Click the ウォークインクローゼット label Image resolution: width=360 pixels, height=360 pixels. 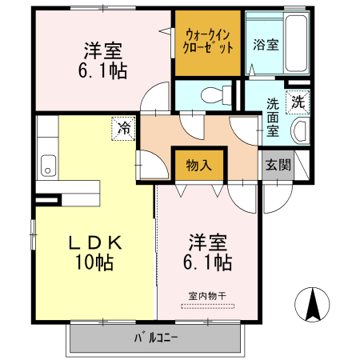click(208, 41)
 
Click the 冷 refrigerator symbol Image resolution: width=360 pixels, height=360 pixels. click(125, 127)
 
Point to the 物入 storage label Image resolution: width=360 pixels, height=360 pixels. click(198, 166)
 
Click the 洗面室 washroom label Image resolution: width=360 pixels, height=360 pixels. click(273, 117)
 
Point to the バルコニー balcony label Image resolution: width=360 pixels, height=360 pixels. click(155, 337)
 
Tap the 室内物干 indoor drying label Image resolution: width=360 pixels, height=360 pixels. click(207, 296)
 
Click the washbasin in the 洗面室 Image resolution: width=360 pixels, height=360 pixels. click(301, 130)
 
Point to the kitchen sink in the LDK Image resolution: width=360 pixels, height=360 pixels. click(46, 166)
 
